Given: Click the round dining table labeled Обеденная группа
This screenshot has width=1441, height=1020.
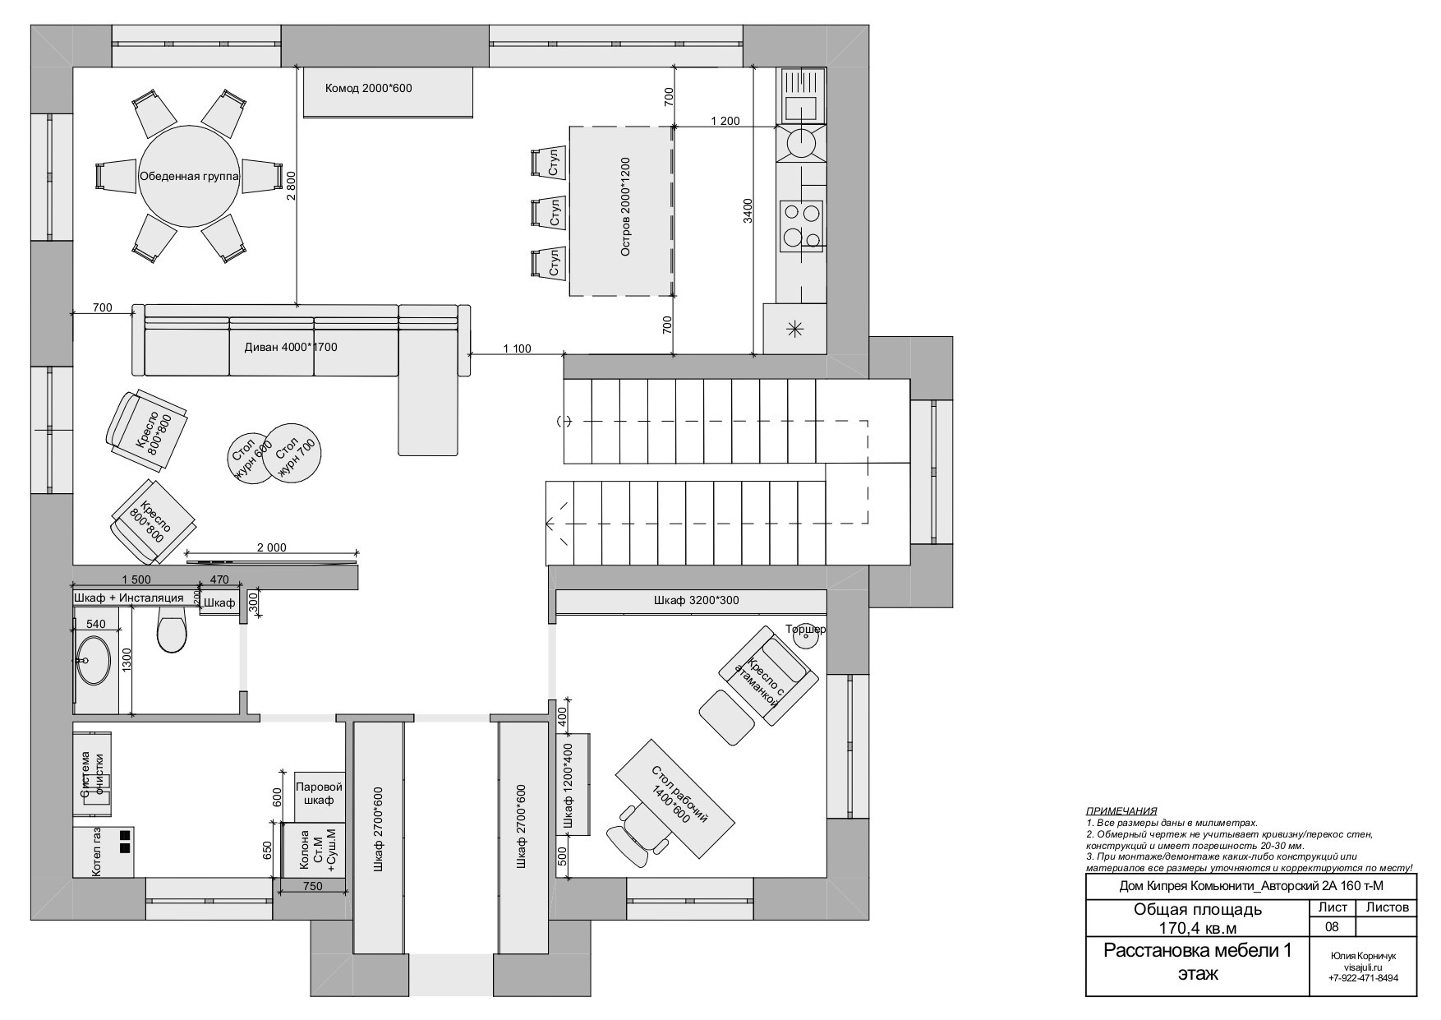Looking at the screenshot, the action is pos(189,176).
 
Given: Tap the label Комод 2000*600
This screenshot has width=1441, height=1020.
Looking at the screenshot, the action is pos(368,88).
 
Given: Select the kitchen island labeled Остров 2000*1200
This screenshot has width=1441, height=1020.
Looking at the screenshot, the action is pos(621,211).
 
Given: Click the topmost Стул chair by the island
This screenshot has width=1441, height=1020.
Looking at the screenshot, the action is pos(548,163).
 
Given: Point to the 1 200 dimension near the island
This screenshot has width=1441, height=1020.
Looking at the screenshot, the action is pos(725,121).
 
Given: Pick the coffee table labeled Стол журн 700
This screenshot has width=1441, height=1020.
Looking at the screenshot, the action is pos(293,453).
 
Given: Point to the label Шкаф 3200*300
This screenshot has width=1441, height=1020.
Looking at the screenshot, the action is pos(696,601).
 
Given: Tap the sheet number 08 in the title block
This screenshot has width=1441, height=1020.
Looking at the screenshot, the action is pos(1332,926).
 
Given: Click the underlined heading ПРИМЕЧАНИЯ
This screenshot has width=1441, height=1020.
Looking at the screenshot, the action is pos(1121,810).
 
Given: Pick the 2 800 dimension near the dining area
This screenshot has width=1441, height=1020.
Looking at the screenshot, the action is pos(288,185).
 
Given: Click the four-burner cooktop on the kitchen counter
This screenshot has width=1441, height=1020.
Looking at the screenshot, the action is pos(801,224).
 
